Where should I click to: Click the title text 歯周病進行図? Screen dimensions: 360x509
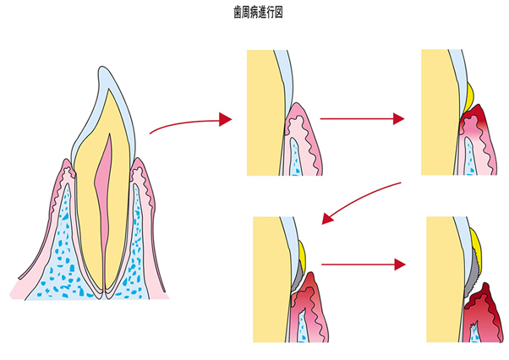point(254,14)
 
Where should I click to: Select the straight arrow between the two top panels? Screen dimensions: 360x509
point(357,119)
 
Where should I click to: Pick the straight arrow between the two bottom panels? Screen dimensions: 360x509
point(358,265)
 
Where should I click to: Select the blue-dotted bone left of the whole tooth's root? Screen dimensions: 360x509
point(55,245)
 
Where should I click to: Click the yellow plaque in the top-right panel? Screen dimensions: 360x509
point(468,91)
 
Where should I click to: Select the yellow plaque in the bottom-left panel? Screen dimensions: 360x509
point(302,251)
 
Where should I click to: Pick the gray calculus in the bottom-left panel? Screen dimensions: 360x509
point(298,272)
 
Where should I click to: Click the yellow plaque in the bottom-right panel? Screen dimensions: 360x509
point(476,245)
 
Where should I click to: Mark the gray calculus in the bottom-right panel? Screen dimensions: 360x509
point(474,274)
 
